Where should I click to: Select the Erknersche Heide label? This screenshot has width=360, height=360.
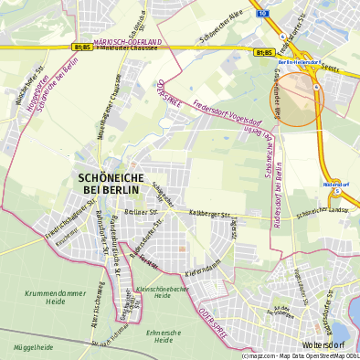click(164, 336)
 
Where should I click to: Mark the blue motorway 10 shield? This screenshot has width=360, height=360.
click(261, 15)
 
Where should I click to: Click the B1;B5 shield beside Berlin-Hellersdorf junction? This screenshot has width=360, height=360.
click(265, 53)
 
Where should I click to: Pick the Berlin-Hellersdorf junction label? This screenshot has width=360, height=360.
click(298, 61)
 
